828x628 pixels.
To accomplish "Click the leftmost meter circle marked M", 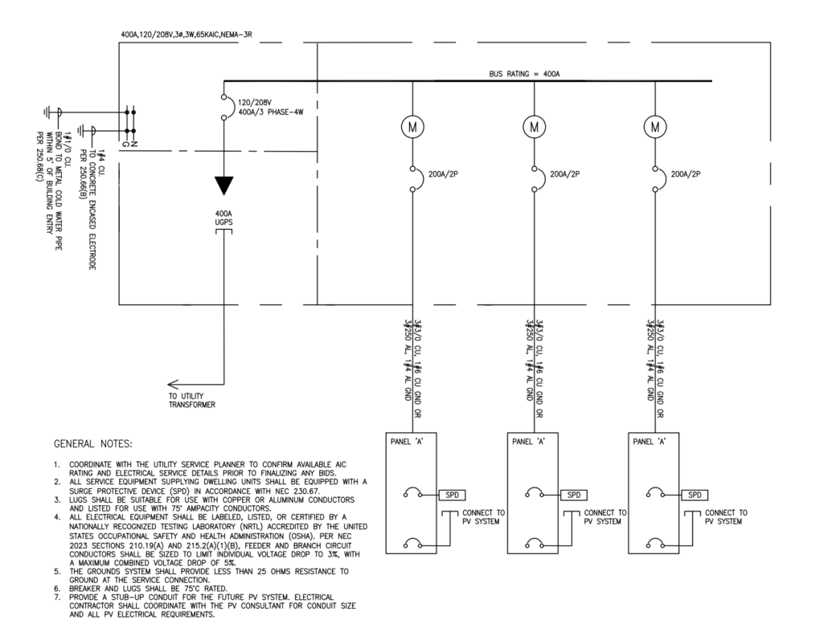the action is pyautogui.click(x=412, y=127).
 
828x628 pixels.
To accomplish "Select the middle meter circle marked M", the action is pyautogui.click(x=534, y=127).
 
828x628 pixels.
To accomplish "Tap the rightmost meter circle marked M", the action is pyautogui.click(x=655, y=127).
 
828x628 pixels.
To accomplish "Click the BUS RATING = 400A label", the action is pyautogui.click(x=524, y=74).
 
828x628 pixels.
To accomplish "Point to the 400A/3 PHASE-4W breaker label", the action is pyautogui.click(x=270, y=112).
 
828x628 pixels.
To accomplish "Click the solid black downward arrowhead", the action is pyautogui.click(x=224, y=186).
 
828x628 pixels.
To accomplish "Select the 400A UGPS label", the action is pyautogui.click(x=223, y=218).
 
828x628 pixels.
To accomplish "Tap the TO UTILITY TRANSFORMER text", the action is pyautogui.click(x=191, y=400).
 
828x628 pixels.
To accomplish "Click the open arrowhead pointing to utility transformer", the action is pyautogui.click(x=173, y=384).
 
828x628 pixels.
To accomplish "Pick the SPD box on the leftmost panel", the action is pyautogui.click(x=452, y=495).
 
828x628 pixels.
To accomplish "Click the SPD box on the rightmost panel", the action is pyautogui.click(x=695, y=495).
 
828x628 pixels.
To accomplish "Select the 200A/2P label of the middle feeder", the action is pyautogui.click(x=564, y=173).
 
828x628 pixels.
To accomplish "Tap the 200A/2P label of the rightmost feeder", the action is pyautogui.click(x=686, y=173).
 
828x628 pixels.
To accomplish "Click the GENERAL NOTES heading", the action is pyautogui.click(x=93, y=444).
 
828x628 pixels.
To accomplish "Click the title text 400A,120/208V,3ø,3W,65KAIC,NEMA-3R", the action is pyautogui.click(x=187, y=35).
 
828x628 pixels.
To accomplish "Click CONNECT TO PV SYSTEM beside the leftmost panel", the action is pyautogui.click(x=483, y=516).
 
